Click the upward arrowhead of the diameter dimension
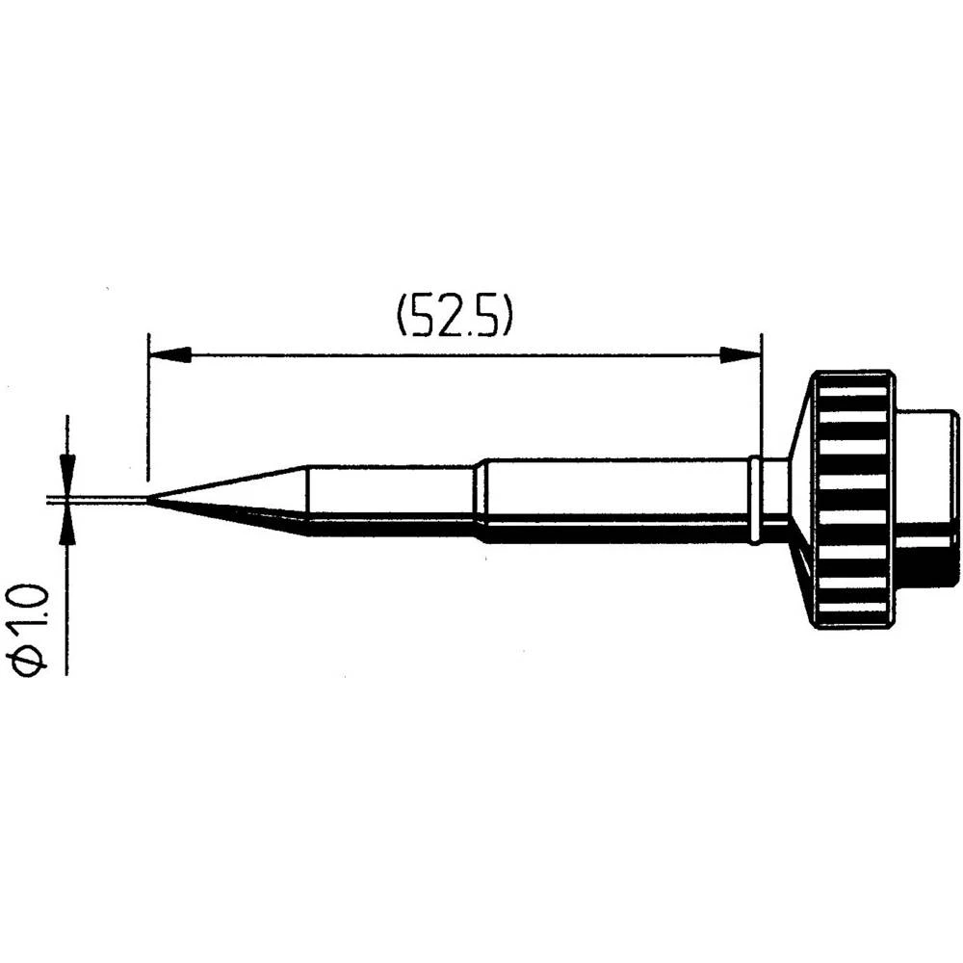[66, 524]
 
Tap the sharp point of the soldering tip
[150, 499]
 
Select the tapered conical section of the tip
[241, 497]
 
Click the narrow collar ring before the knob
[756, 499]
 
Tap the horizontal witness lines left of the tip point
[96, 499]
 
